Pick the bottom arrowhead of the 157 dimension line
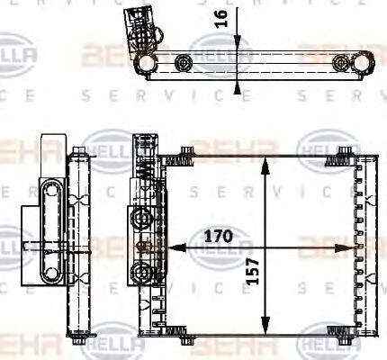click(x=264, y=332)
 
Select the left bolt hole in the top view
click(x=184, y=63)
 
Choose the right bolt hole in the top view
click(x=340, y=62)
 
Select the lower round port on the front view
click(x=140, y=272)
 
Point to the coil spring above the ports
click(x=141, y=171)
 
